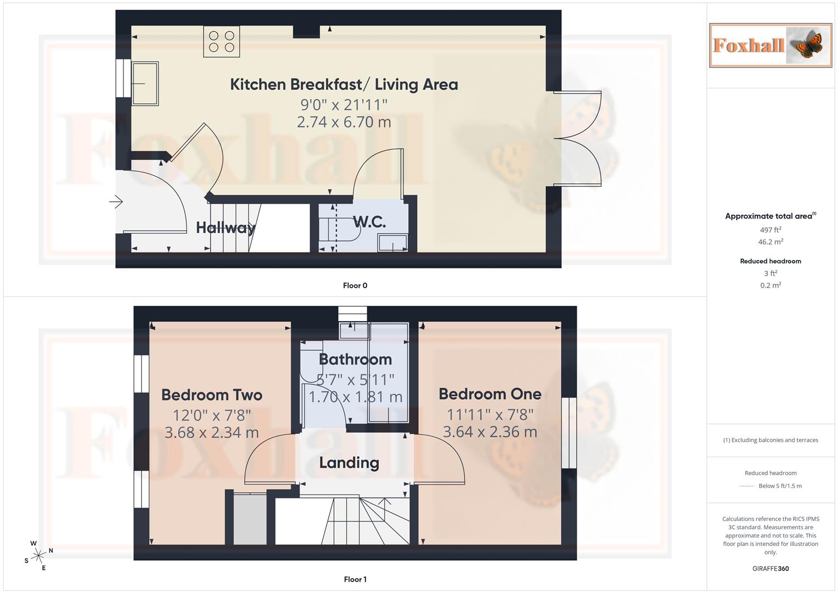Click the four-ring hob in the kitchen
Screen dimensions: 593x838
click(222, 42)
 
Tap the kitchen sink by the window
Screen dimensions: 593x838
click(145, 83)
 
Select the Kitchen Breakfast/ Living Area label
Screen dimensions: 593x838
click(344, 85)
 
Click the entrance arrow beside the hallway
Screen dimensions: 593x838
click(116, 202)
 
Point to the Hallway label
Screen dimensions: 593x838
click(225, 227)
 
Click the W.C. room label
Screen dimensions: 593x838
click(369, 222)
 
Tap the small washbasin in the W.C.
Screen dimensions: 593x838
click(392, 243)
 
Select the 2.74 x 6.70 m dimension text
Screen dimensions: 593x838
click(344, 122)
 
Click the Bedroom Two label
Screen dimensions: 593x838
click(212, 395)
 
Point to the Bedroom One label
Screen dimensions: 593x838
click(490, 394)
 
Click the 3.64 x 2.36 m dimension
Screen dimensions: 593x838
click(490, 432)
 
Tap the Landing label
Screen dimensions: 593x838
click(349, 463)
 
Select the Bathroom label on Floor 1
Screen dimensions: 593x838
click(355, 360)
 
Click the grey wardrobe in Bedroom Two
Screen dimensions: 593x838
click(250, 519)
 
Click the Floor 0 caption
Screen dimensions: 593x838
click(355, 286)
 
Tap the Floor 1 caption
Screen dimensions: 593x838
click(355, 579)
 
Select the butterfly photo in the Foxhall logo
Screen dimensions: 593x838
click(808, 45)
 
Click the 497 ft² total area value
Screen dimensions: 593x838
click(770, 230)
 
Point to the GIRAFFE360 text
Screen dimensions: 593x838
click(770, 569)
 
